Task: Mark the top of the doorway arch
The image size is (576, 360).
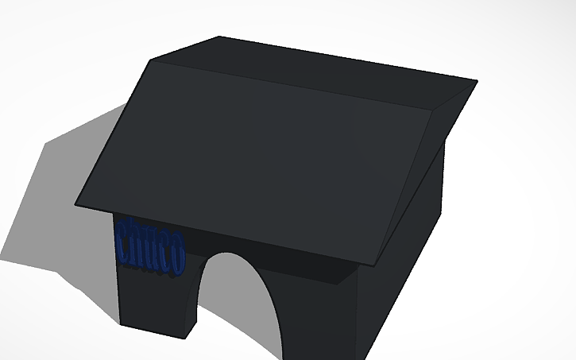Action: point(230,254)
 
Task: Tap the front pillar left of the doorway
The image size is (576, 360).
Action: point(155,294)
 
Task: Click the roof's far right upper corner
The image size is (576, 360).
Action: point(477,80)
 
